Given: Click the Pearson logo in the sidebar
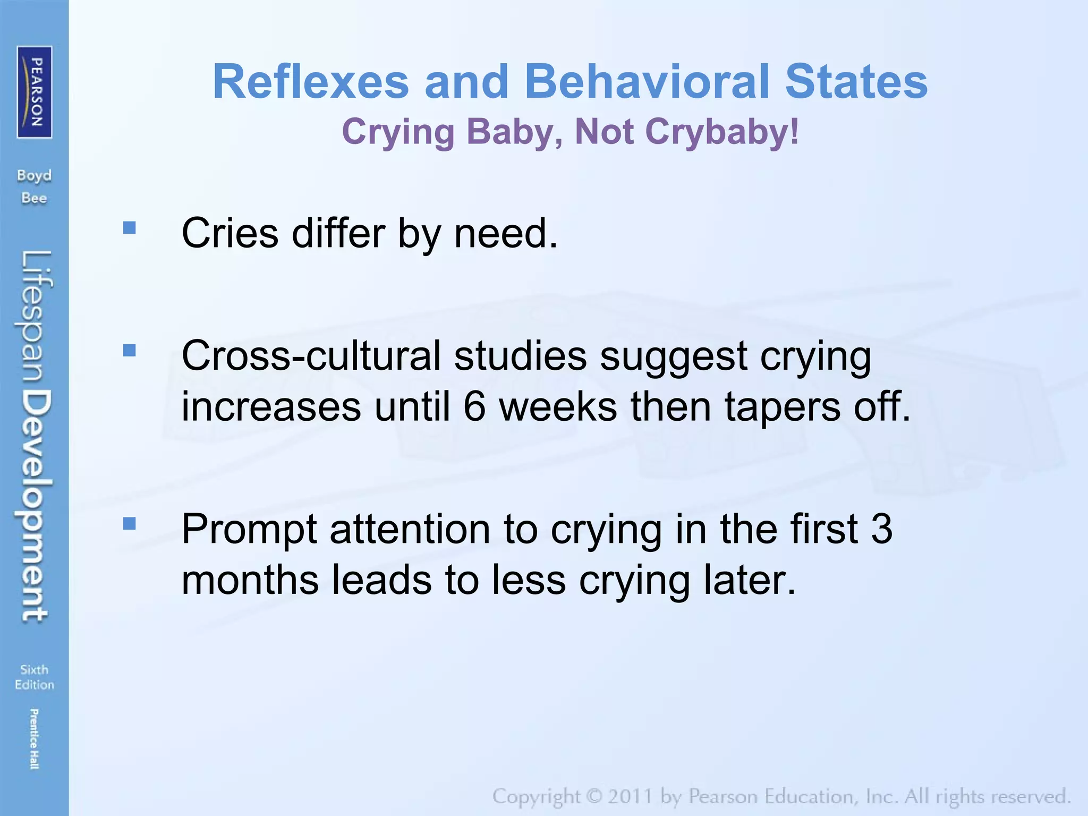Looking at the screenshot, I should (35, 92).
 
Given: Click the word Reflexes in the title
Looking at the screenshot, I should (311, 82).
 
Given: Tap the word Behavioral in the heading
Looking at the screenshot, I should (647, 82).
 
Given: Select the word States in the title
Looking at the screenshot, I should (856, 82).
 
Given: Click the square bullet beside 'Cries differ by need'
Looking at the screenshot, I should (129, 228).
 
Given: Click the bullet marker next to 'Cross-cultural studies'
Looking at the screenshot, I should (129, 351).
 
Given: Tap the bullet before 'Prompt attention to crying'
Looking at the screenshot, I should (129, 524).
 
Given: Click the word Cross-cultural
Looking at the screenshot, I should (311, 356).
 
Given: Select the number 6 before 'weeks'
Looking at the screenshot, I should (474, 407).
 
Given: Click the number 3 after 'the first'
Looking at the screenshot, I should (881, 529).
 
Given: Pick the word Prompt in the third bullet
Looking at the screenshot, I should (249, 530).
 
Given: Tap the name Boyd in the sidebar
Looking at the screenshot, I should (35, 176).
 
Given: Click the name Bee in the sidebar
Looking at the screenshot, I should (35, 199).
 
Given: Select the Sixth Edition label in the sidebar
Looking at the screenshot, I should (35, 677).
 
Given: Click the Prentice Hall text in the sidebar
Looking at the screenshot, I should (35, 739).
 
